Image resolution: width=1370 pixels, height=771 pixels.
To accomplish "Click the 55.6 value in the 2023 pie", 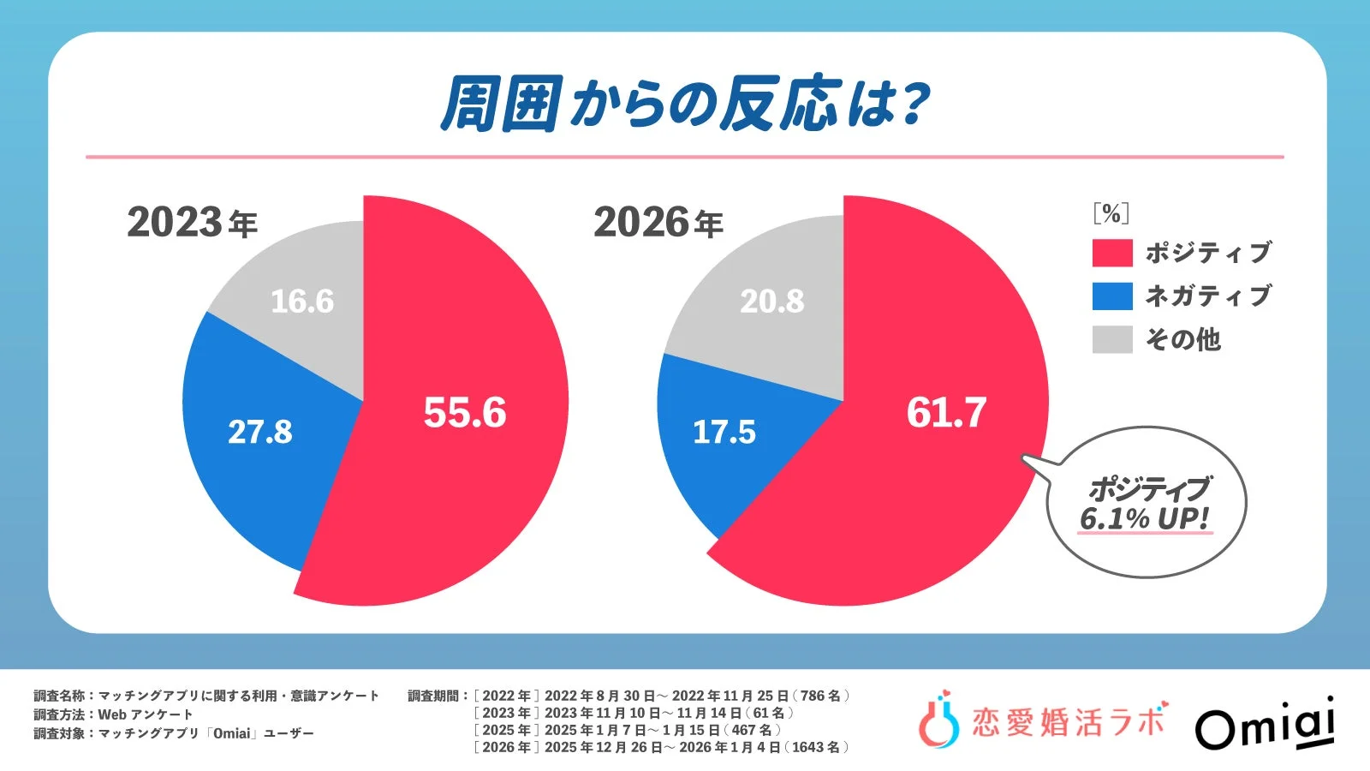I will [465, 413].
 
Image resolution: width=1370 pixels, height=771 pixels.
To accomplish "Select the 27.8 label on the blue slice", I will [259, 432].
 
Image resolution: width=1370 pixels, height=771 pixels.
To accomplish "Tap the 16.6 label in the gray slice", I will [302, 302].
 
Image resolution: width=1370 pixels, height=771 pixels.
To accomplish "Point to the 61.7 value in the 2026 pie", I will [946, 413].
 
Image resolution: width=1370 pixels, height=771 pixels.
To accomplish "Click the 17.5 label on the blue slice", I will [724, 432].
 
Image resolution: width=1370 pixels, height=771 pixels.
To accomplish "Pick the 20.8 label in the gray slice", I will [772, 302].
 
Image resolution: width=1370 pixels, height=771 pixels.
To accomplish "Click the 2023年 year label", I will [192, 223].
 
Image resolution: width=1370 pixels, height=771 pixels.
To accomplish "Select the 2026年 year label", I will [658, 223].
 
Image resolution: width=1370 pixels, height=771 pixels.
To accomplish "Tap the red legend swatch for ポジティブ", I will [1112, 253].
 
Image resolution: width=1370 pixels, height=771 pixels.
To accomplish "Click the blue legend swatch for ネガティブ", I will [1112, 296].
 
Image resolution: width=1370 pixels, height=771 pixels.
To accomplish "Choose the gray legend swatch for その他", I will [1112, 339].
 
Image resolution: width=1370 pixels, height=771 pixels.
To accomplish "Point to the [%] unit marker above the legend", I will [1111, 213].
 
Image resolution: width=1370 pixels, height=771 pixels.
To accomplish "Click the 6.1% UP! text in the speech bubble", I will [1144, 519].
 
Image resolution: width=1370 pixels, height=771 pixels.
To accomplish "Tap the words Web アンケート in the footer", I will [146, 714].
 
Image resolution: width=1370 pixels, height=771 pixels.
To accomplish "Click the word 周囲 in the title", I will [502, 105].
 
